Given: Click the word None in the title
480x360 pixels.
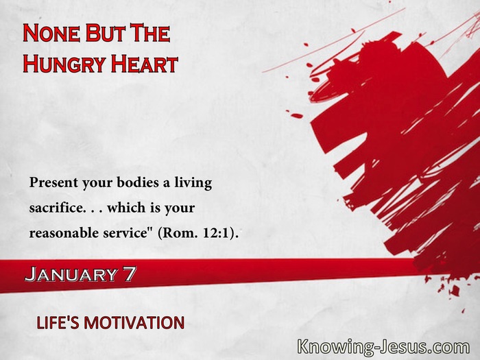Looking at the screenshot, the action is pos(51,34).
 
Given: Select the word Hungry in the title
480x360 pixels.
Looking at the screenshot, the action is pos(64,64).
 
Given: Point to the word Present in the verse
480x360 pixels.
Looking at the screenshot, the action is pos(53,183).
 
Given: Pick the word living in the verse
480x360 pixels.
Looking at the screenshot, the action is pos(193,183).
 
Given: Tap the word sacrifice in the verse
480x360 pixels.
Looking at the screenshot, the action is pos(56,208).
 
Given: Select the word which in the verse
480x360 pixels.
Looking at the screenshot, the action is pos(126,208).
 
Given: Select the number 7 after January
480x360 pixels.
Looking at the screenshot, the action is pos(130,274).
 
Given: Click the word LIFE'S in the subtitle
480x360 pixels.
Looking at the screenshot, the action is pos(57,323).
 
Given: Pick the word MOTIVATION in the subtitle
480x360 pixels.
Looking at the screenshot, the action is pos(134,323).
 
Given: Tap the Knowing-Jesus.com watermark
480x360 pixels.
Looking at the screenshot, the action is pos(383,348).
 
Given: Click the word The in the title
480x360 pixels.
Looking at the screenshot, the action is pos(150,34).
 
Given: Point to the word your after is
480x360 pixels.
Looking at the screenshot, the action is pos(180,208).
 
